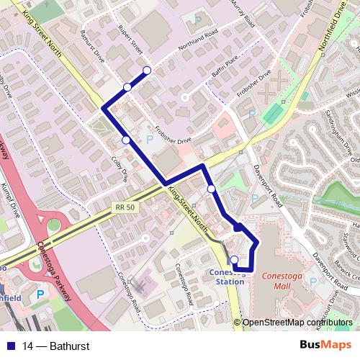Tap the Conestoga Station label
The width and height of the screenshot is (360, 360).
point(225,276)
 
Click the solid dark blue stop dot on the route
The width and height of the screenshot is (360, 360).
point(238,228)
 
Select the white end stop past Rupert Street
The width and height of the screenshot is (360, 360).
point(147,70)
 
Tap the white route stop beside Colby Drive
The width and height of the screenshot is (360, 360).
point(126,140)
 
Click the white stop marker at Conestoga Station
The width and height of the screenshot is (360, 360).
point(234,260)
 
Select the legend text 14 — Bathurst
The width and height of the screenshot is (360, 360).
point(55,346)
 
